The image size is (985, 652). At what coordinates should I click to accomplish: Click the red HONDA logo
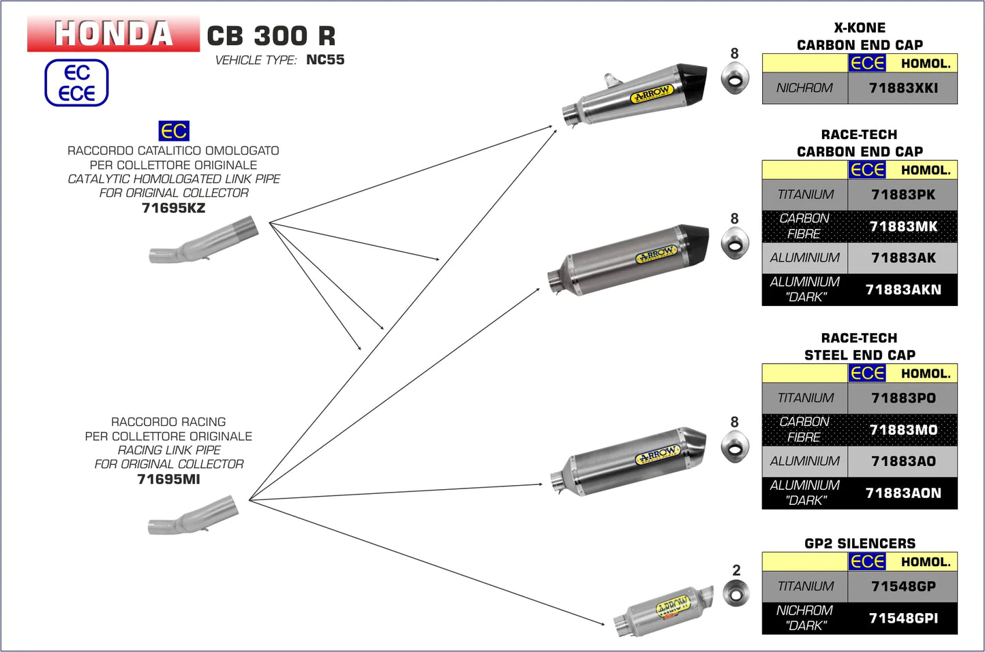pos(113,33)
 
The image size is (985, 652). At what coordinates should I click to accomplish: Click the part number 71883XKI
pos(903,88)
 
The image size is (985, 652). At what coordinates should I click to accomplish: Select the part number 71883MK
pos(903,226)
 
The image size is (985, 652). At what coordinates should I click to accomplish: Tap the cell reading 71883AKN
pos(903,290)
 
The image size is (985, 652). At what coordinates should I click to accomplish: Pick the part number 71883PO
pos(903,398)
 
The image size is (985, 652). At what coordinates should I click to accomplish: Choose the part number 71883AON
pos(903,493)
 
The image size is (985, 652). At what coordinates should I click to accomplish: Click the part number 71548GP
pos(903,586)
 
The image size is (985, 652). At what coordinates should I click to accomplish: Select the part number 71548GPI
pos(903,618)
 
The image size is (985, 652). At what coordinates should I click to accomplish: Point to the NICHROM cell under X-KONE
pos(804,88)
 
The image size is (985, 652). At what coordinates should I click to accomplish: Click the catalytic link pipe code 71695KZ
pos(173,208)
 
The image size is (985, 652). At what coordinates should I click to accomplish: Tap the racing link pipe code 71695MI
pos(168,480)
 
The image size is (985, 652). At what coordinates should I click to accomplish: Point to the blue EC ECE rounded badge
pos(76,83)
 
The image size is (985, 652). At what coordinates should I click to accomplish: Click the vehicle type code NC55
pos(325,60)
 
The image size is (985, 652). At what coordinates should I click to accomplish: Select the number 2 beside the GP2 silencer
pos(736,570)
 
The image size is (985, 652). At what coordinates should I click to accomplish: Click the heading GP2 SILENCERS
pos(860,543)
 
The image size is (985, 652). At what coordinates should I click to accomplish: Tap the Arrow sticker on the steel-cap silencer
pos(658,455)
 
